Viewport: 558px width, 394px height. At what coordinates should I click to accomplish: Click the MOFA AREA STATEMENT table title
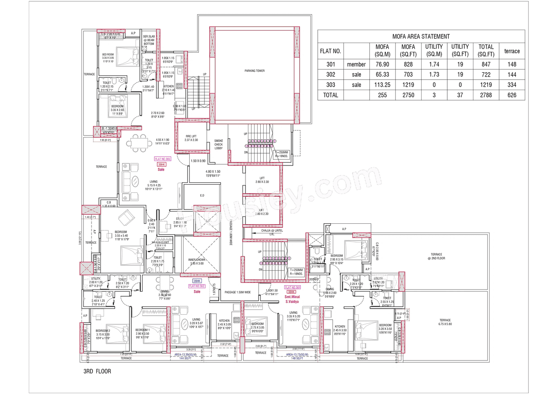(421, 37)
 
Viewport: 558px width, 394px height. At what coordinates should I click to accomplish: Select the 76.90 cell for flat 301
(382, 64)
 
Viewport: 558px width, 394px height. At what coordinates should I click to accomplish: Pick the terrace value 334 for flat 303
(512, 85)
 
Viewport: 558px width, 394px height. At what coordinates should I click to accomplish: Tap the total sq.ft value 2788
(486, 95)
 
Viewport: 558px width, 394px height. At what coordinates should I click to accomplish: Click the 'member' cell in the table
(356, 64)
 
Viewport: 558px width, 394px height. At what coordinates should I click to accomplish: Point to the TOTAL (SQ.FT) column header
(486, 51)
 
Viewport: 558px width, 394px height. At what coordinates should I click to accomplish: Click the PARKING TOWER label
(254, 71)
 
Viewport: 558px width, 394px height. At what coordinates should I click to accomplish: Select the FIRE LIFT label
(191, 138)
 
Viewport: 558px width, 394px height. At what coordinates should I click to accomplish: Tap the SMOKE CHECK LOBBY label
(218, 145)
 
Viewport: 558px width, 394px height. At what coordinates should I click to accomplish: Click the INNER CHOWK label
(196, 261)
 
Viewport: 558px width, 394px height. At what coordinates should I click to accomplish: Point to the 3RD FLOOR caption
(97, 371)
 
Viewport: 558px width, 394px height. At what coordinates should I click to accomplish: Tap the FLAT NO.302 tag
(197, 286)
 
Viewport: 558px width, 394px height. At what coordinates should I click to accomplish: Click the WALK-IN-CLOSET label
(160, 242)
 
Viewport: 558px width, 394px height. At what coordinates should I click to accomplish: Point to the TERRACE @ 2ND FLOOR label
(436, 256)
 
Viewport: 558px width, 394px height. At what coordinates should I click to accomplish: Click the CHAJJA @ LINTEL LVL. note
(272, 232)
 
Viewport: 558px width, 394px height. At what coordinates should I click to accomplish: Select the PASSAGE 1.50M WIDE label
(237, 292)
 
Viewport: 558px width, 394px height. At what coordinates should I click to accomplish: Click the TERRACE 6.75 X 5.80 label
(445, 322)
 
